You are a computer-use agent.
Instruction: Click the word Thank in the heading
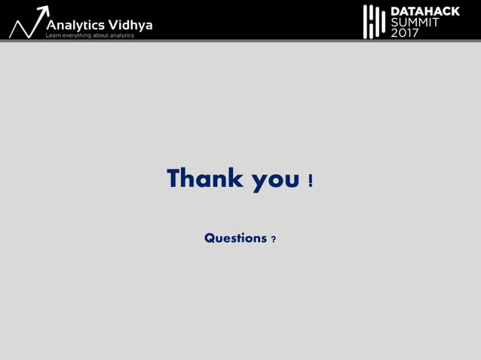tap(205, 178)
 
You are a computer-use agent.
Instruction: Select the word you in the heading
tap(275, 180)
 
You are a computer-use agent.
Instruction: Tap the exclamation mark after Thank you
tap(311, 180)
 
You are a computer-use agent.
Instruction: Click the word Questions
tap(235, 238)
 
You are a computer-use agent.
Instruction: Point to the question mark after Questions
tap(273, 239)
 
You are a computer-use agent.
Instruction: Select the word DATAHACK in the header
tap(424, 11)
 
